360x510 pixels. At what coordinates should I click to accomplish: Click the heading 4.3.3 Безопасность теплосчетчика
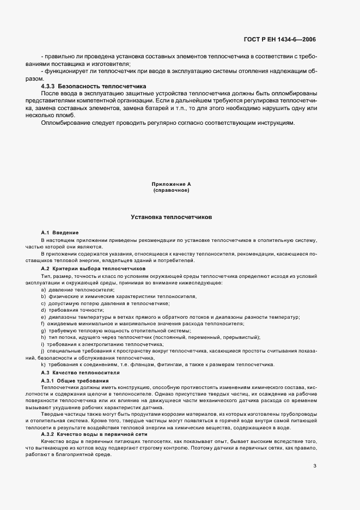(x=94, y=86)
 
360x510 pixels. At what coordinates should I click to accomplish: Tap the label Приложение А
(x=171, y=185)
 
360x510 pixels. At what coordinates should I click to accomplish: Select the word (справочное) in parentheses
(x=171, y=191)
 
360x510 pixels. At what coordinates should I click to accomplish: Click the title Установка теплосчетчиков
(x=171, y=217)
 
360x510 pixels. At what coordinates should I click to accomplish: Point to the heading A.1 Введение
(x=60, y=233)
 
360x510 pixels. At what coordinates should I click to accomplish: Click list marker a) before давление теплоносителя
(x=43, y=289)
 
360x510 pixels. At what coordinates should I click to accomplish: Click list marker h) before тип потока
(x=43, y=337)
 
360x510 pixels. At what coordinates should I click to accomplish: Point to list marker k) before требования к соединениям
(x=43, y=365)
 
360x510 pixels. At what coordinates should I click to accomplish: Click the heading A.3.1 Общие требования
(x=75, y=380)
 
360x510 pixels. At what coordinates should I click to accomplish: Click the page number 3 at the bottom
(x=315, y=450)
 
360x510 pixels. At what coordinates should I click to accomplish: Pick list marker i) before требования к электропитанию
(x=42, y=344)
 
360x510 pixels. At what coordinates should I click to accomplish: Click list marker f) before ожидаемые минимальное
(x=42, y=324)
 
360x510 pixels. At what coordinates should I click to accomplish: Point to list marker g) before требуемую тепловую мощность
(x=43, y=331)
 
